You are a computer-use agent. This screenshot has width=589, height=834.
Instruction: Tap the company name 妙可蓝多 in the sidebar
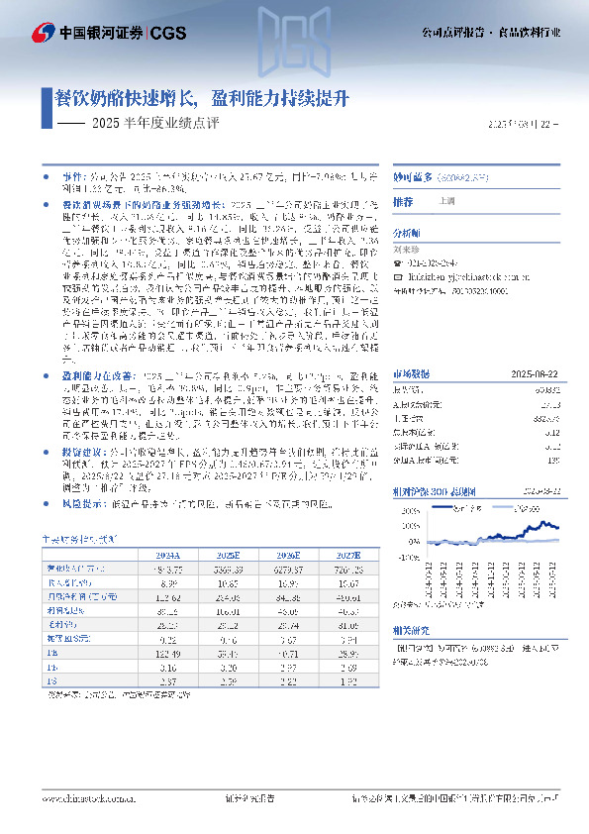tap(415, 177)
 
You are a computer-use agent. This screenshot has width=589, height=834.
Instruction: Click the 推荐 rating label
tap(404, 201)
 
